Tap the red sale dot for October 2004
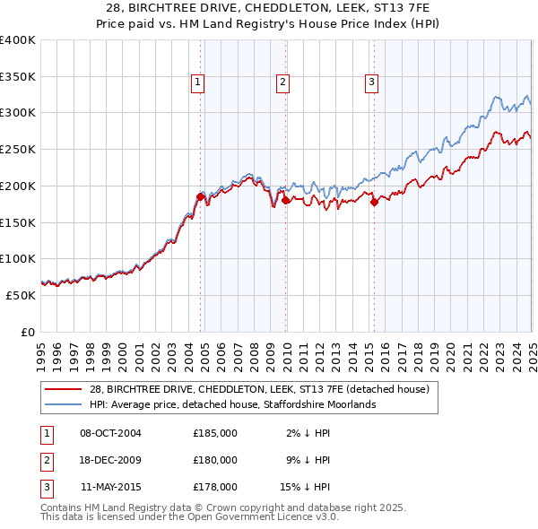coord(200,195)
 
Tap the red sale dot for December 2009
coord(285,200)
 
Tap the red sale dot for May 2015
coord(374,202)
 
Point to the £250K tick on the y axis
coord(20,149)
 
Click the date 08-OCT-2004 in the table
coord(110,433)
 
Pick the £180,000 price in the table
coord(215,460)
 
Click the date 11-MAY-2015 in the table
coord(110,487)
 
